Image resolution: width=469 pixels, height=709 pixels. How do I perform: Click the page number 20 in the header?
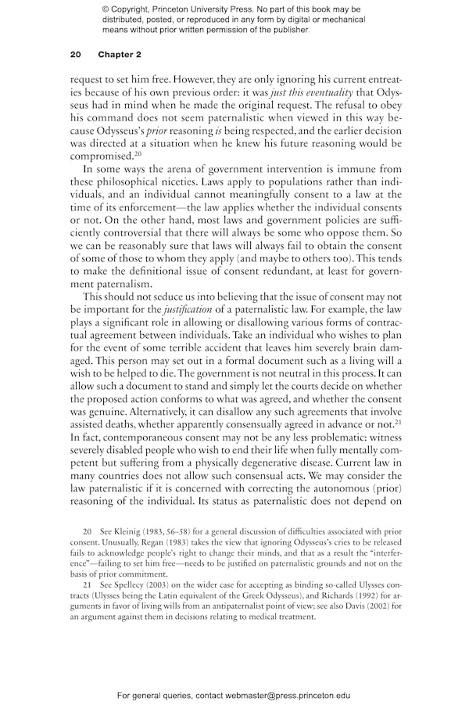coord(76,55)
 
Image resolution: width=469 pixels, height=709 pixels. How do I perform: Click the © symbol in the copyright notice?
coord(106,9)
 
